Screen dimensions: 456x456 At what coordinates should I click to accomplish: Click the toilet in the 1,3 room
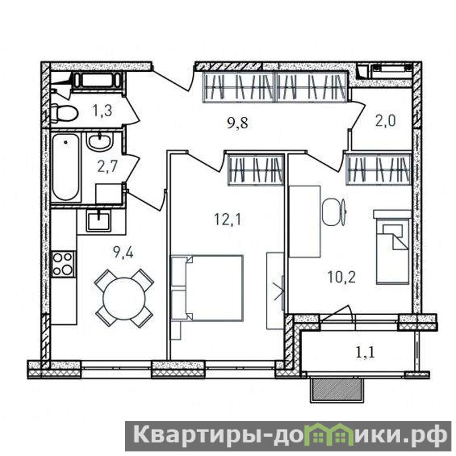(64, 113)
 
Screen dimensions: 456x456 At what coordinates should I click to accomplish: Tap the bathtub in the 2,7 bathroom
(66, 167)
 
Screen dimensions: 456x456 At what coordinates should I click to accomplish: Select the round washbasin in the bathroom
(99, 141)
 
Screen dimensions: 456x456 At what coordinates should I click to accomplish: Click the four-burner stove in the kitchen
(63, 264)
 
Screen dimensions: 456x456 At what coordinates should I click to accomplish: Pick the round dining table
(124, 298)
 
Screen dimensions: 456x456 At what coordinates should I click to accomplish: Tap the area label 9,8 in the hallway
(238, 123)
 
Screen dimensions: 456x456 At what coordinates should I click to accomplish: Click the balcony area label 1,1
(365, 352)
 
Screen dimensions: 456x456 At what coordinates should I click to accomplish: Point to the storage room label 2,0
(385, 120)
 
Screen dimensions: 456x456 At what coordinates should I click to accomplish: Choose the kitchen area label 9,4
(123, 253)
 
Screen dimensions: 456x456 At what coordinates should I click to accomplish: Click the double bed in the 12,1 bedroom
(207, 288)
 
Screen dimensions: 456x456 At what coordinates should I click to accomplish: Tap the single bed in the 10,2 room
(392, 247)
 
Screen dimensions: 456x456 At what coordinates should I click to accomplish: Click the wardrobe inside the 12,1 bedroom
(255, 170)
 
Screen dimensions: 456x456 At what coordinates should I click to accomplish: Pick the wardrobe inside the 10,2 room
(378, 169)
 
